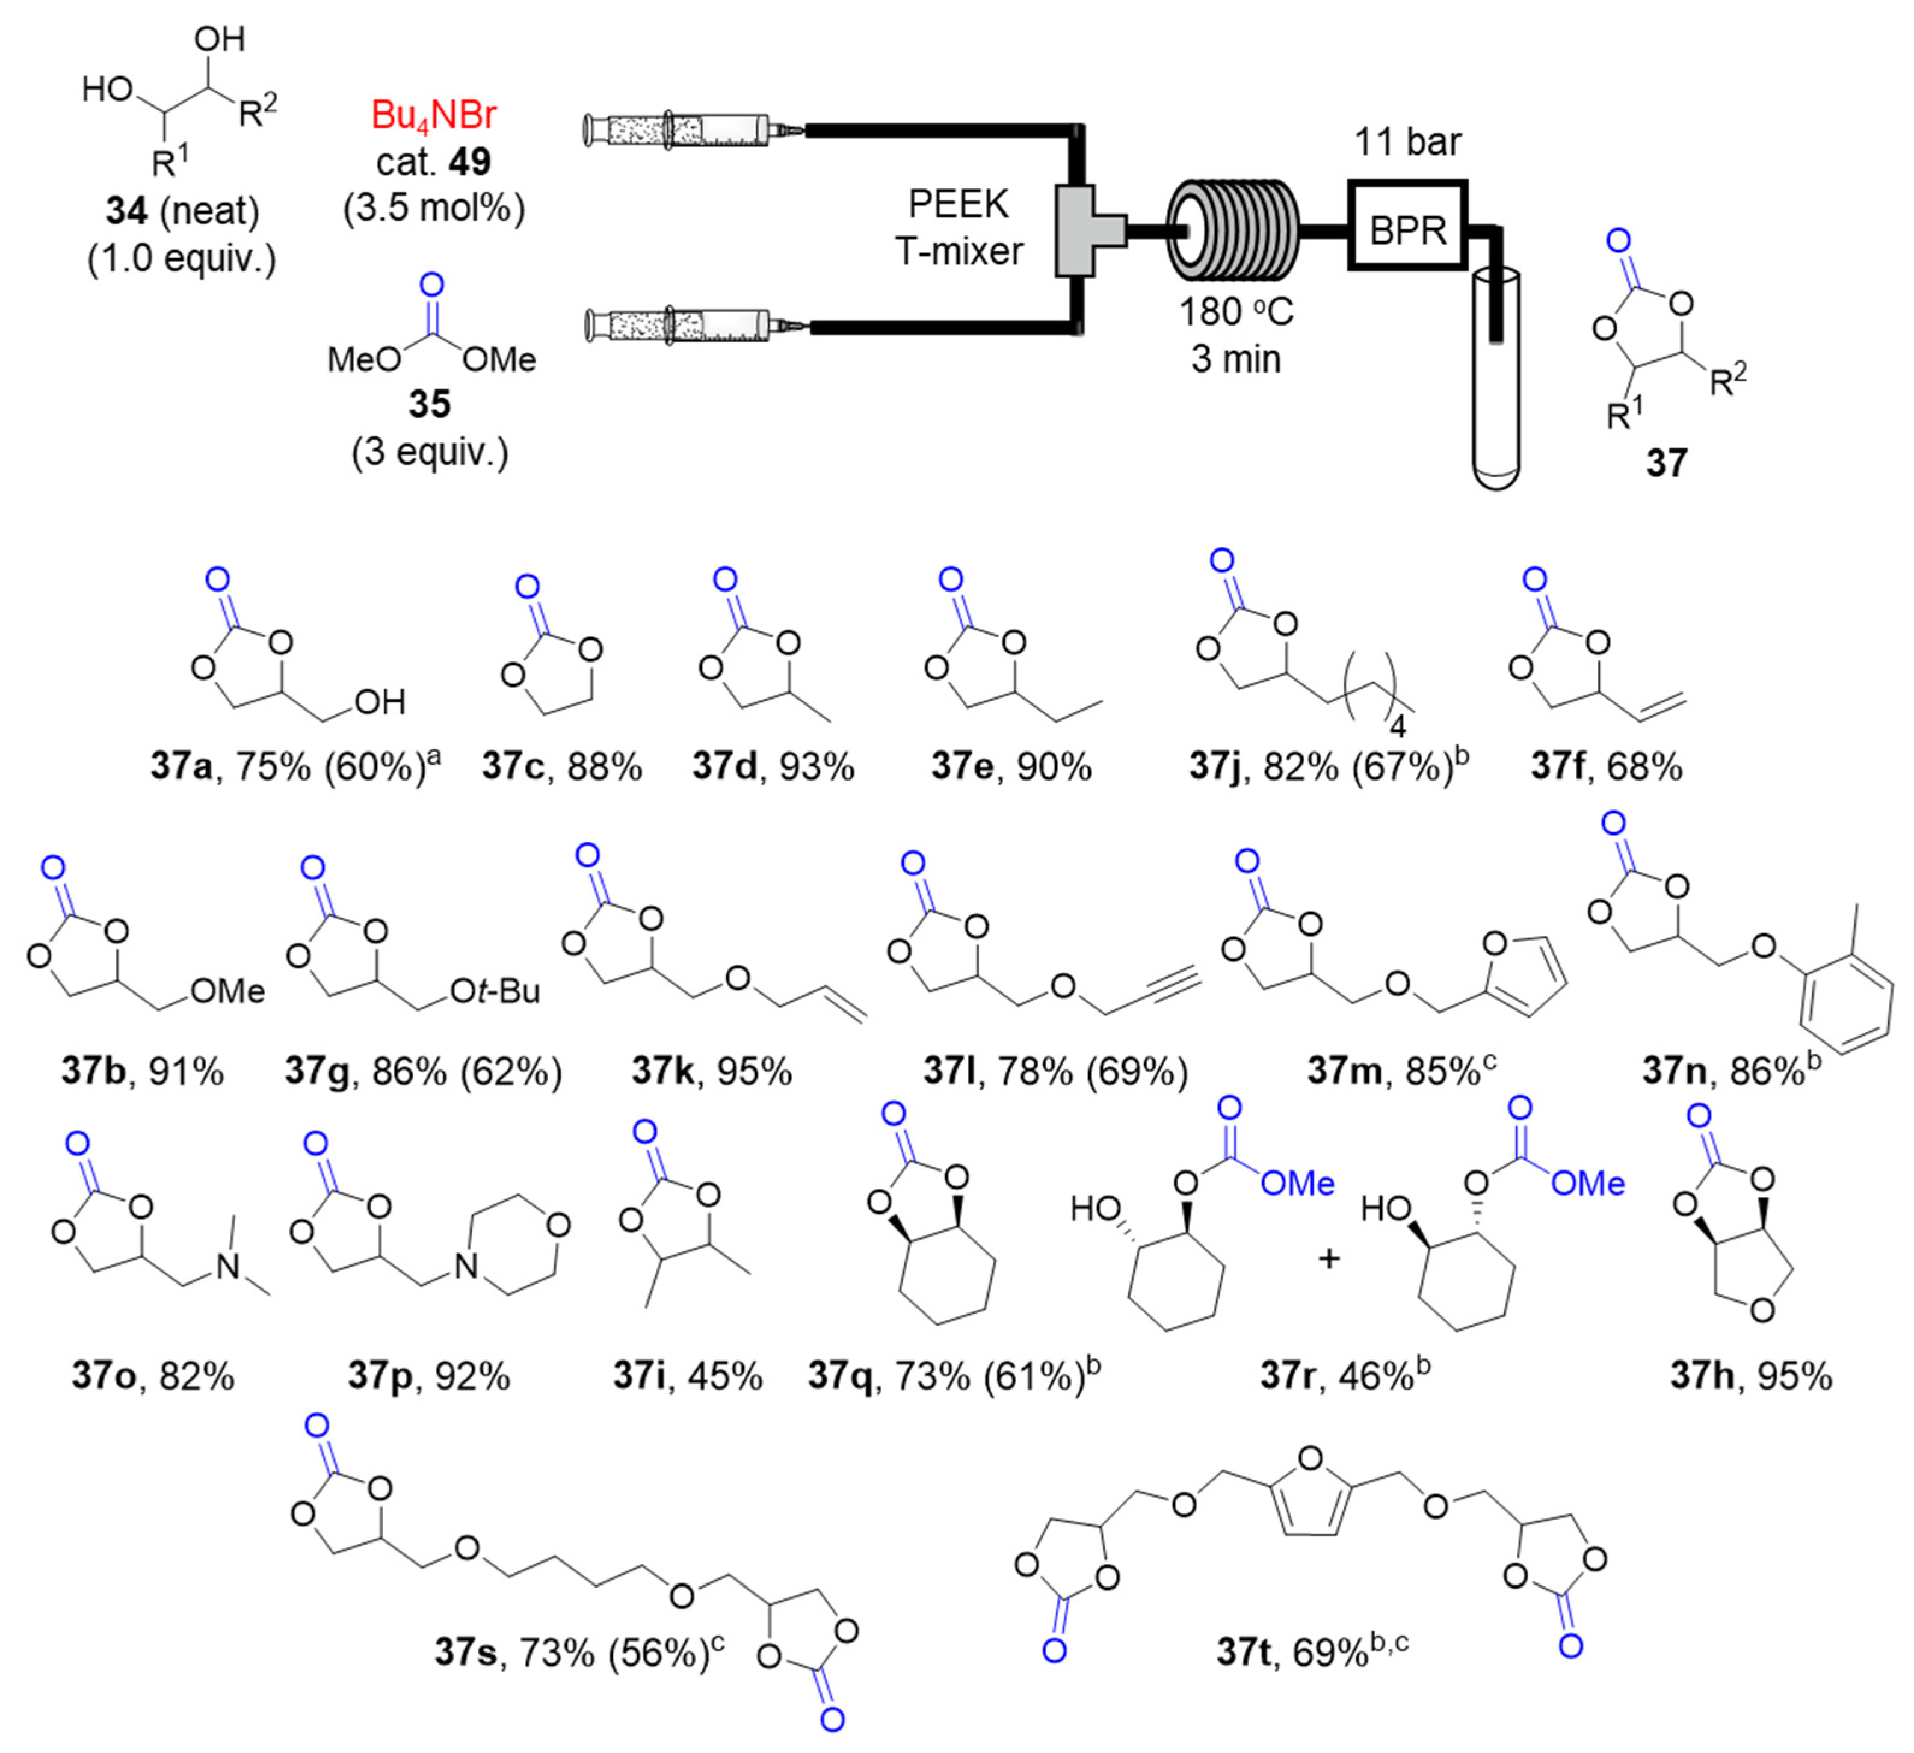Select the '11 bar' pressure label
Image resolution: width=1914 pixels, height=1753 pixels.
click(1407, 143)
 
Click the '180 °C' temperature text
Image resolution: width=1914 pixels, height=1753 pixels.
click(1236, 312)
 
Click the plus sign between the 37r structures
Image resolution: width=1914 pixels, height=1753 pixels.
click(1329, 1259)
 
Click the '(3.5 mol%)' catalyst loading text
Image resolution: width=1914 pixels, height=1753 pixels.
click(433, 207)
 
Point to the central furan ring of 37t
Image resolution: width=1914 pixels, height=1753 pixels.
click(1310, 1495)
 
